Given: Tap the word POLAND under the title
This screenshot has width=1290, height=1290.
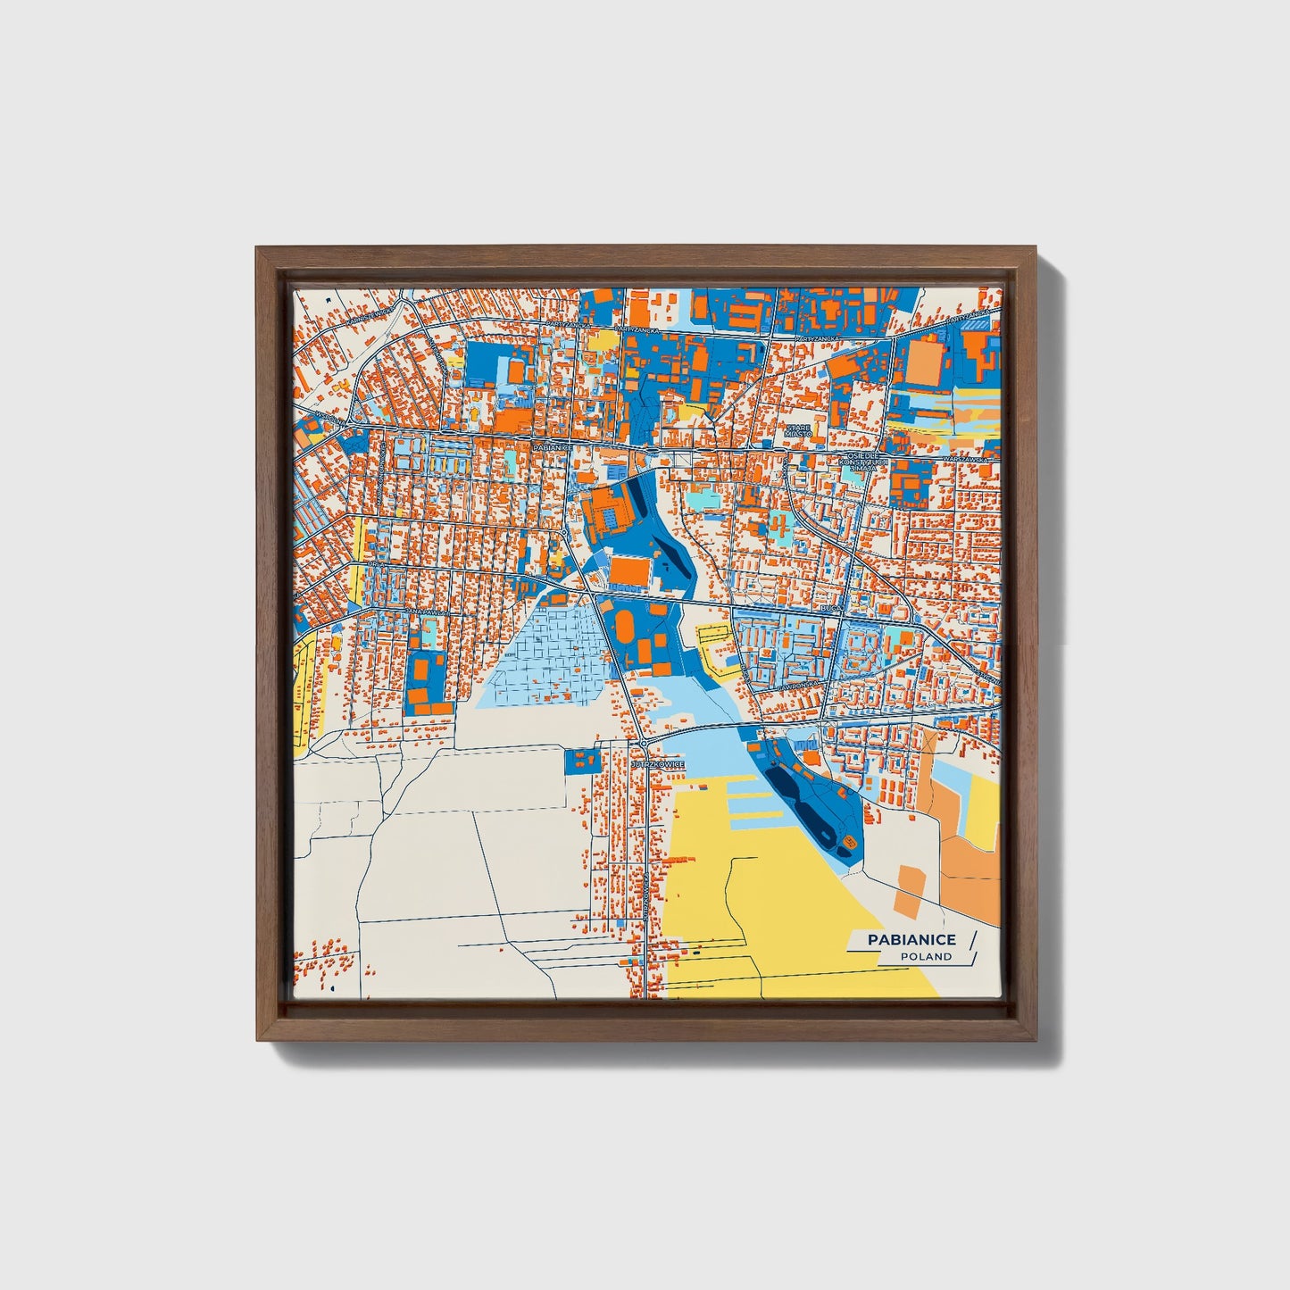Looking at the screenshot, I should coord(925,957).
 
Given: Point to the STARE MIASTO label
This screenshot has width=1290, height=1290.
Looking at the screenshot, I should coord(798,431).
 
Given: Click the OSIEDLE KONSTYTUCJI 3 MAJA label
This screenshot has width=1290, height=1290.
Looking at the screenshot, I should coord(865,459).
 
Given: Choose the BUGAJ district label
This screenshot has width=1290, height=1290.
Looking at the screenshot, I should coord(831,607).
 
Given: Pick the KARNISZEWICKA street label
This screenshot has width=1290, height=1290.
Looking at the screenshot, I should coord(370,314).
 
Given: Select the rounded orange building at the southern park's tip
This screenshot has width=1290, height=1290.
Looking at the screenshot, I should coord(849,841).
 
